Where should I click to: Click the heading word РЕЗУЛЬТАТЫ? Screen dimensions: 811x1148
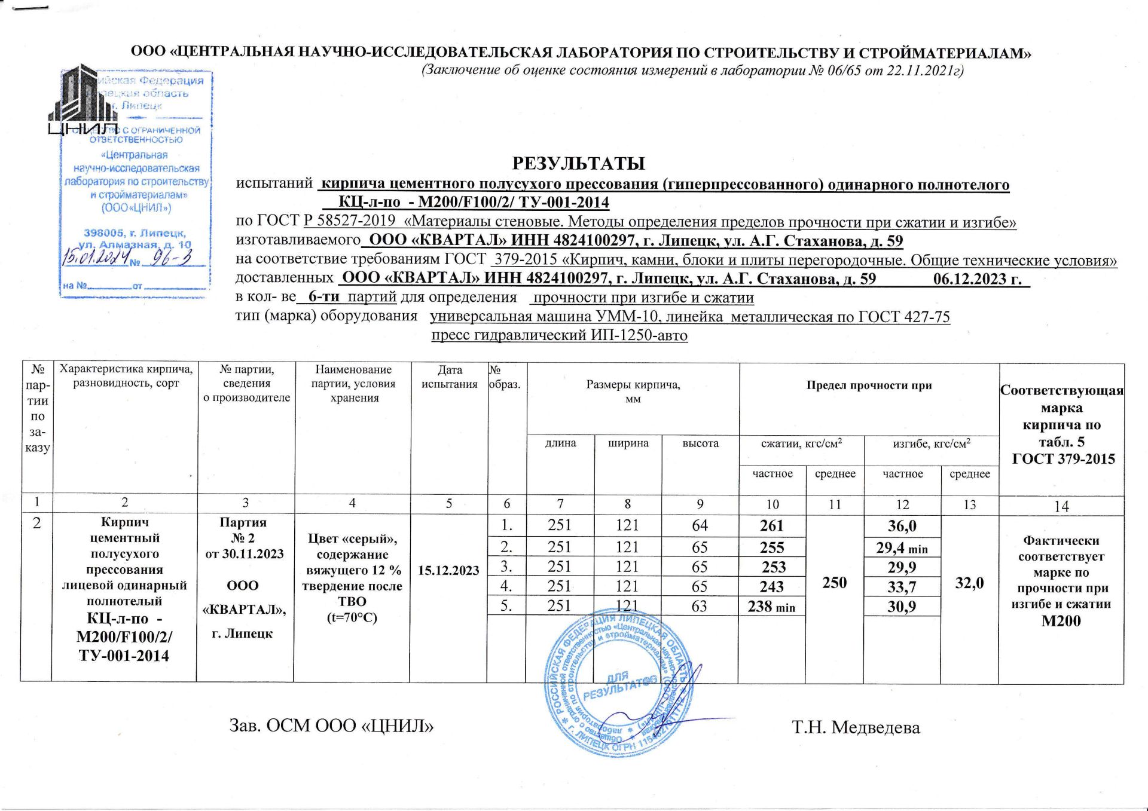pos(578,163)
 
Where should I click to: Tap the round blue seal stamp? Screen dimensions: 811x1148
pos(619,684)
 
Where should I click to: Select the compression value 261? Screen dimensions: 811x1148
pos(771,526)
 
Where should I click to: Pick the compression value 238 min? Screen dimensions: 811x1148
pos(771,607)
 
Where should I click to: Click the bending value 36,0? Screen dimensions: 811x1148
pos(902,526)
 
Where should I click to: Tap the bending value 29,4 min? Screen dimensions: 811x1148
pos(902,547)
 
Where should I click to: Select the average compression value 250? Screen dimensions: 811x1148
pos(834,582)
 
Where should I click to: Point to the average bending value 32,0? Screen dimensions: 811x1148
pos(969,582)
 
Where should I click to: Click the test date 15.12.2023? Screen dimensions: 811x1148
pos(448,570)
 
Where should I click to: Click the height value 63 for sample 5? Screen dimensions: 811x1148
pos(699,606)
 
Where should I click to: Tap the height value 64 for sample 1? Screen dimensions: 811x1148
pos(699,525)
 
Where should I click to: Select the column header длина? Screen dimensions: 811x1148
pos(560,443)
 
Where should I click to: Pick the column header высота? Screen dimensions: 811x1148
pos(700,443)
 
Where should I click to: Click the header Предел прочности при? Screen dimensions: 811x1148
pos(869,385)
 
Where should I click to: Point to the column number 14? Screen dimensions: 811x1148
pos(1061,506)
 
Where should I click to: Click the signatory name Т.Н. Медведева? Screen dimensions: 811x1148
pos(856,727)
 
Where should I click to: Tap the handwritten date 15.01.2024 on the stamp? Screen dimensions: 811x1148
pos(95,259)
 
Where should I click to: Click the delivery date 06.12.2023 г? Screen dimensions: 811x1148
pos(977,279)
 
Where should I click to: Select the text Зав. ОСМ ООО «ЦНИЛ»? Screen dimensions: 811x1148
pos(332,726)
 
